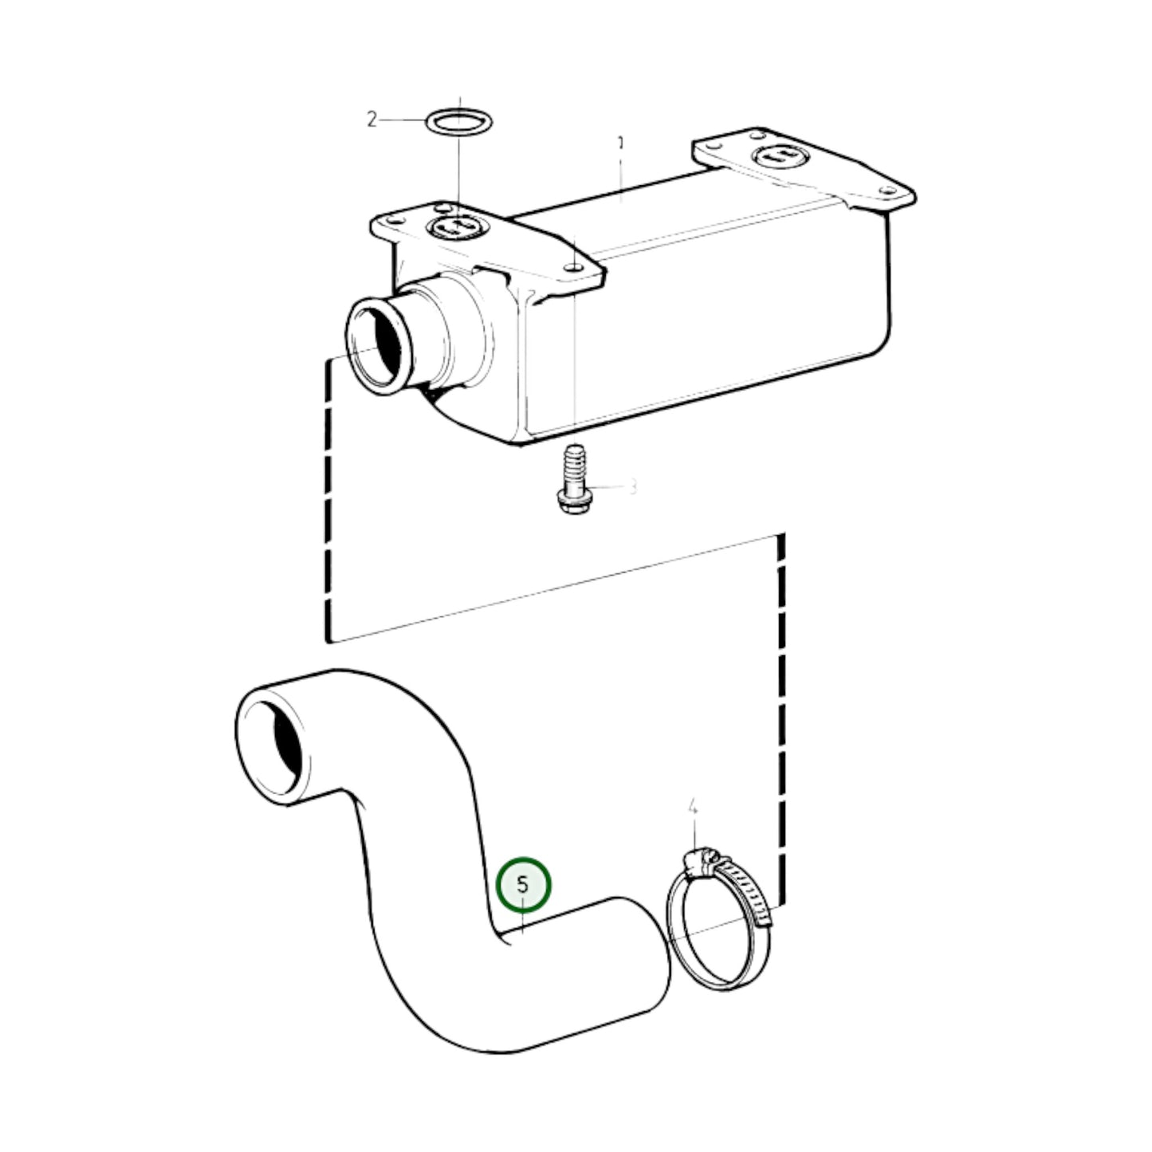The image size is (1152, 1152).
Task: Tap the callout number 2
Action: (372, 120)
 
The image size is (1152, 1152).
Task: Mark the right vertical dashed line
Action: (782, 718)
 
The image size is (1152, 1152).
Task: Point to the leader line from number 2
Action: (403, 120)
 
